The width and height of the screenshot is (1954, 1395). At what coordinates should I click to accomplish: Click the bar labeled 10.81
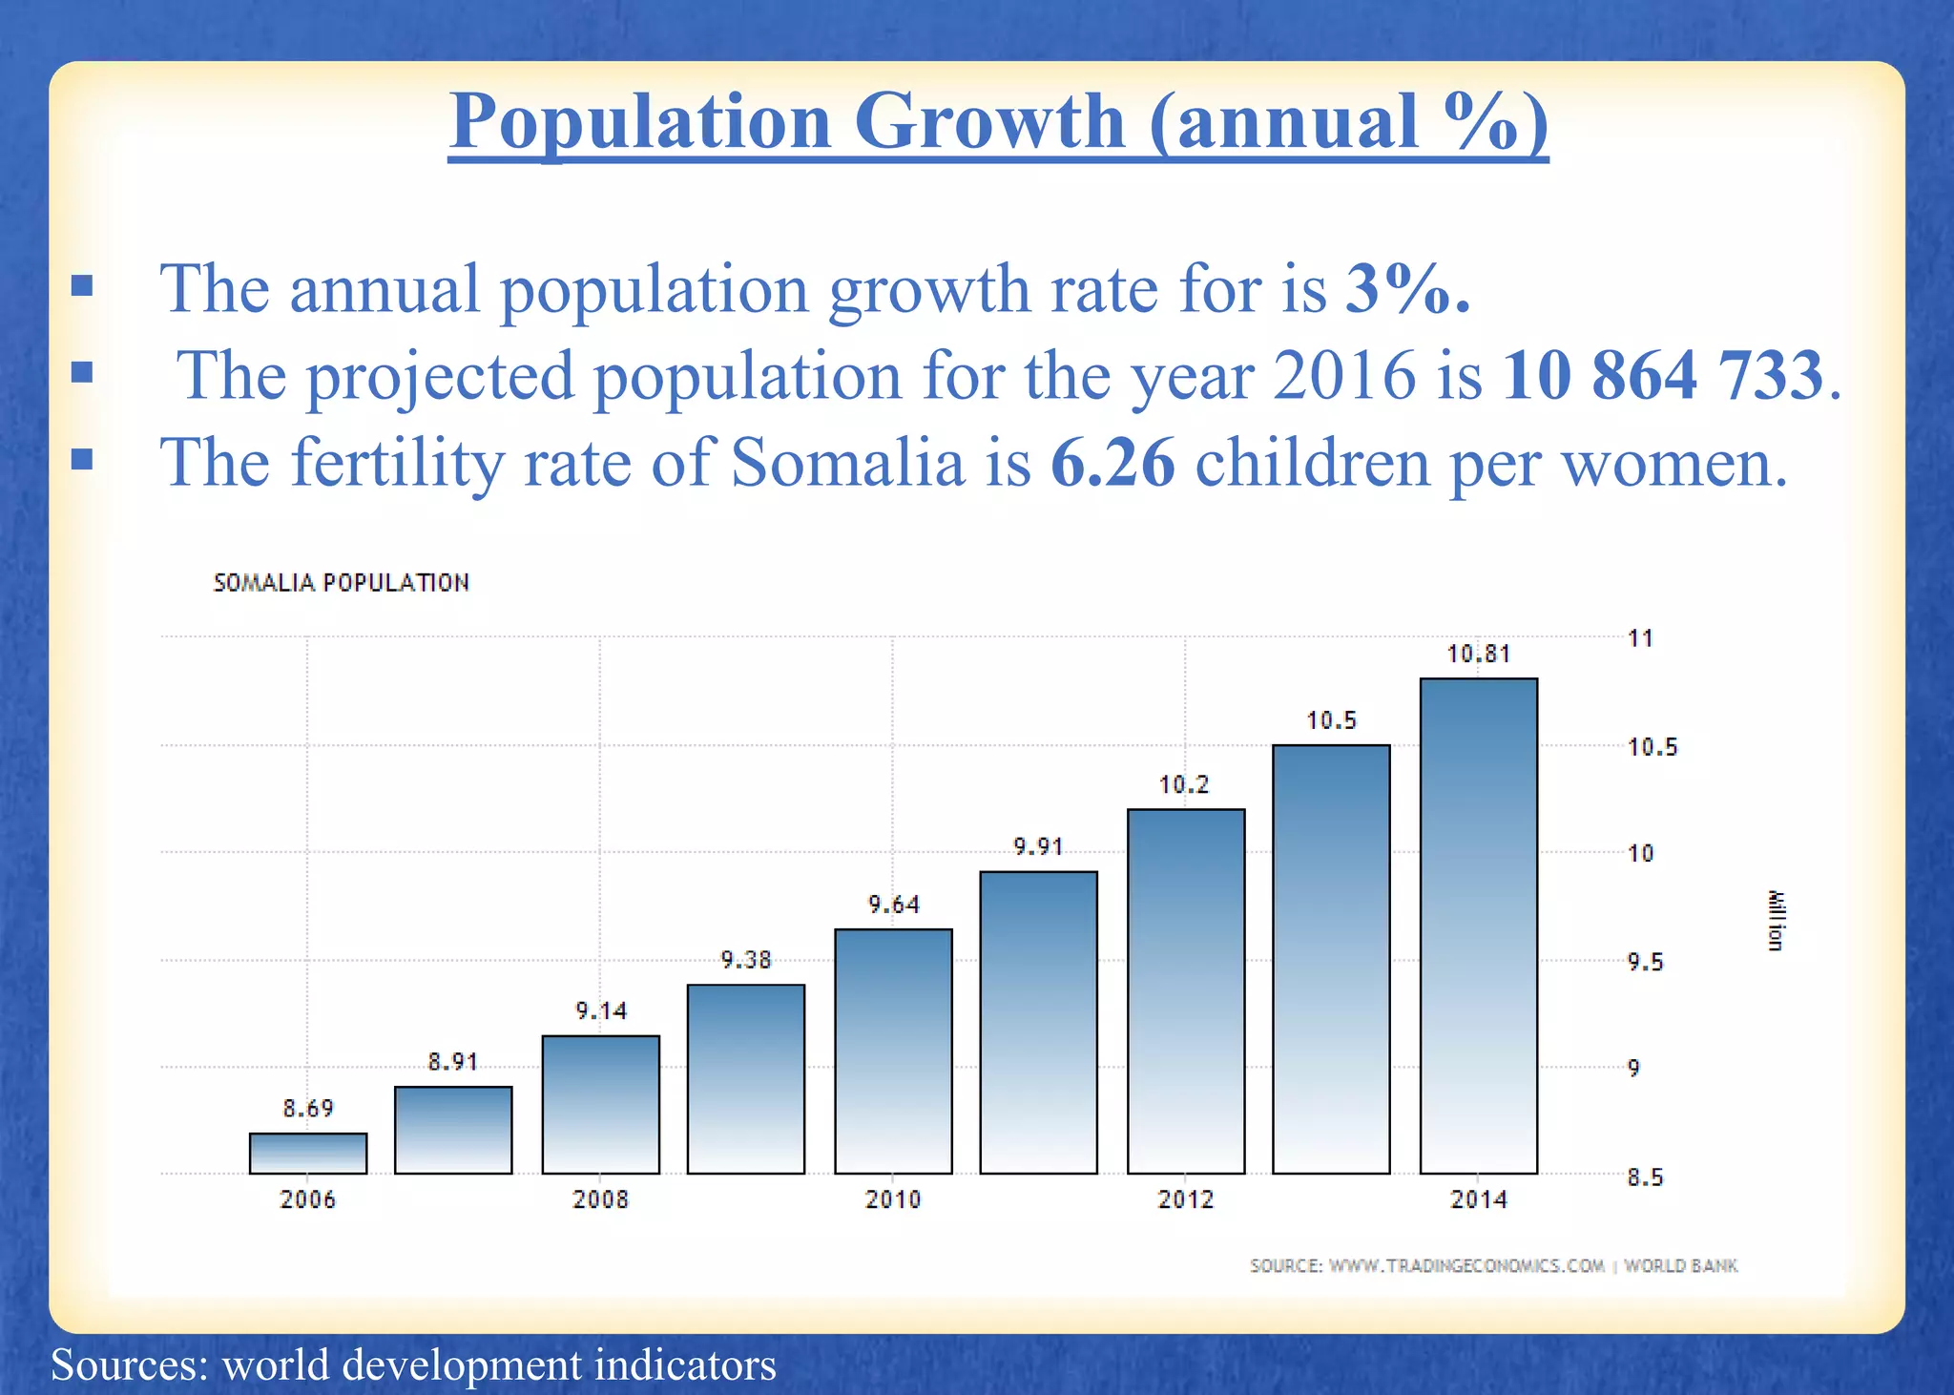pyautogui.click(x=1478, y=926)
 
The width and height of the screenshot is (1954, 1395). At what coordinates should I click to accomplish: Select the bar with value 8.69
pyautogui.click(x=308, y=1153)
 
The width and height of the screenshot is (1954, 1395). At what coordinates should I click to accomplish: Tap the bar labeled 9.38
pyautogui.click(x=745, y=1078)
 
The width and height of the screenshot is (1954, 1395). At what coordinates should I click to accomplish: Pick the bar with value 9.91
pyautogui.click(x=1038, y=1022)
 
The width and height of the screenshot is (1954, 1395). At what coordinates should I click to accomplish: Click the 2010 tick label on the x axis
pyautogui.click(x=892, y=1199)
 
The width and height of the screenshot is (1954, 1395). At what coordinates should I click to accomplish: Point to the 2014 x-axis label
pyautogui.click(x=1478, y=1199)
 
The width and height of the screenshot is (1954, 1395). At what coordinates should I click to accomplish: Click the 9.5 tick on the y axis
pyautogui.click(x=1645, y=962)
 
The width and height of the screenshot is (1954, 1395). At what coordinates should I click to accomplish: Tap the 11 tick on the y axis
pyautogui.click(x=1640, y=638)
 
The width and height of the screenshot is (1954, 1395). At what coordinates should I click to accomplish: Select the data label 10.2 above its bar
pyautogui.click(x=1184, y=785)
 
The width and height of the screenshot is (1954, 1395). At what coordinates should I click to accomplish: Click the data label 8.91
pyautogui.click(x=452, y=1062)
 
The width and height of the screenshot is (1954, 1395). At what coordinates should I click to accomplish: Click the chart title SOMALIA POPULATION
pyautogui.click(x=341, y=583)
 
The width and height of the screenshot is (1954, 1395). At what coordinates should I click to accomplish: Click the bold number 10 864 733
pyautogui.click(x=1662, y=375)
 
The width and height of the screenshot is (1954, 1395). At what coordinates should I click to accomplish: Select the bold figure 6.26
pyautogui.click(x=1112, y=463)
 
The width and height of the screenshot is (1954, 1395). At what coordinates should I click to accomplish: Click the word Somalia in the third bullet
pyautogui.click(x=847, y=463)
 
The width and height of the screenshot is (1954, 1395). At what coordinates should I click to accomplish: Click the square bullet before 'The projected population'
pyautogui.click(x=82, y=372)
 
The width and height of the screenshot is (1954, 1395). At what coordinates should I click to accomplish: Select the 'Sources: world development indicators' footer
pyautogui.click(x=413, y=1364)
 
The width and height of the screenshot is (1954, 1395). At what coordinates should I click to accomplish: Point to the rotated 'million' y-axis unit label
pyautogui.click(x=1774, y=920)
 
